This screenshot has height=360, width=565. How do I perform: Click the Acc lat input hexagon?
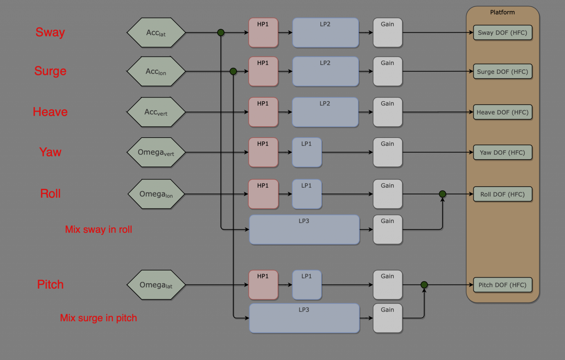point(156,33)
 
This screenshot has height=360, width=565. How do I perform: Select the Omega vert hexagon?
point(156,152)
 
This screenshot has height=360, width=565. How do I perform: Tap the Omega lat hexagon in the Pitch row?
point(156,285)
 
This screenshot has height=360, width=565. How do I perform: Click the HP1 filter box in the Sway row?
point(263,33)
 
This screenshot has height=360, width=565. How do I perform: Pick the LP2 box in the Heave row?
point(325,112)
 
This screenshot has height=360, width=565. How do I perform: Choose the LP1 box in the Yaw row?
point(307,152)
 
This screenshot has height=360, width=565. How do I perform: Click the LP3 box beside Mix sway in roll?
point(304,230)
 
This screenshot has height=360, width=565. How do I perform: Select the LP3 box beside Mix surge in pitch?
point(304,318)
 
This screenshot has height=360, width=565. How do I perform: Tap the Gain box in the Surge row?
point(388,72)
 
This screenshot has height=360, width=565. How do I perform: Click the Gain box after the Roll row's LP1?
point(388,194)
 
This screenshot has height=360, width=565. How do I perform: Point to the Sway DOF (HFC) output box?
point(502,33)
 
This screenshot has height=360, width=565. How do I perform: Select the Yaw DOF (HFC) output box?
point(502,152)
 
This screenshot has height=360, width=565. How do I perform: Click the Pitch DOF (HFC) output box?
point(502,285)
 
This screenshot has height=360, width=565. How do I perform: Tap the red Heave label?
point(50,112)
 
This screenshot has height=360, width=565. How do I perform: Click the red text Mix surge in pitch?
point(98,318)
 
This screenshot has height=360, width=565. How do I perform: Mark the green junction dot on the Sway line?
point(221,33)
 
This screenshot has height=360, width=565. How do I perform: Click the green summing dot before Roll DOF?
point(442,194)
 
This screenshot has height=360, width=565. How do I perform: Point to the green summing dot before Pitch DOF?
point(424,285)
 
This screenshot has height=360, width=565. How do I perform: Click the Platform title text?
point(502,12)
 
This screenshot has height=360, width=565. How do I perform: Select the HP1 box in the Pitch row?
point(263,285)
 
